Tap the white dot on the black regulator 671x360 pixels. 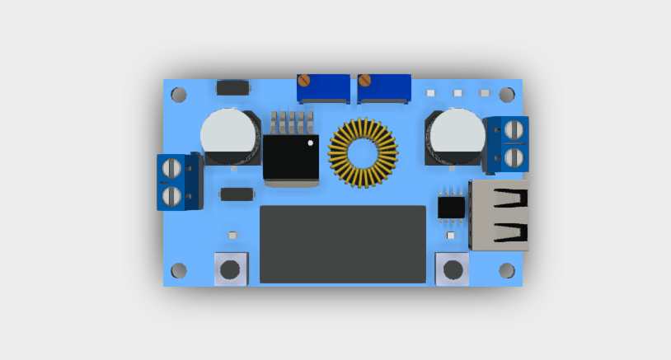311,143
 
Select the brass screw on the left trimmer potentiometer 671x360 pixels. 303,81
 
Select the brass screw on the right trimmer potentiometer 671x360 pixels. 364,81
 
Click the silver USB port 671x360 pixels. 500,215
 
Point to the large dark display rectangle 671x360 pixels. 343,245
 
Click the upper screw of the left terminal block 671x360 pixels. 171,168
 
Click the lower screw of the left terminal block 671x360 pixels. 171,196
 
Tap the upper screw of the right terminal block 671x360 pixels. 515,129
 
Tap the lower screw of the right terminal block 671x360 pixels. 515,157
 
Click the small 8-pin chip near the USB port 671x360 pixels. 451,206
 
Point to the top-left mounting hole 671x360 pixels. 179,95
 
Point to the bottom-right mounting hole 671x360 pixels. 507,270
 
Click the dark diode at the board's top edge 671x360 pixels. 233,87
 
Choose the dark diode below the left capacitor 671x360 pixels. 237,194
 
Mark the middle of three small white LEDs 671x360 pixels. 457,93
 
